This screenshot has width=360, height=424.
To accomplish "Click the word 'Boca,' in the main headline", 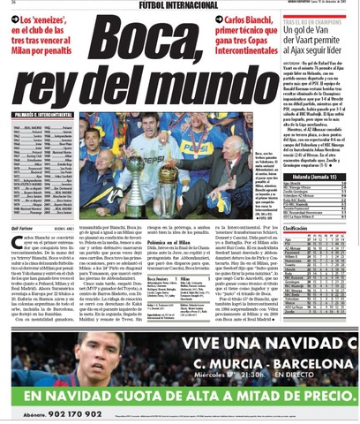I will pos(145,48).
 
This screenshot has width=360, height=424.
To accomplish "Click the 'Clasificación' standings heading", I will pos(296,228).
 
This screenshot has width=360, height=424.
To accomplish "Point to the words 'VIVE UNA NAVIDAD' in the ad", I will pos(247,344).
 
